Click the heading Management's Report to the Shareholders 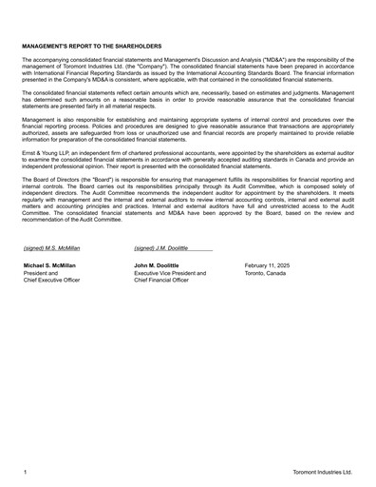(x=91, y=46)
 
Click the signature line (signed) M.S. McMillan (x=52, y=247)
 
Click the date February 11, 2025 (x=267, y=265)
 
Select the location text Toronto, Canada (x=266, y=273)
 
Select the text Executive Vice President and (x=170, y=273)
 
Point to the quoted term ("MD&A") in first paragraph (x=258, y=59)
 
